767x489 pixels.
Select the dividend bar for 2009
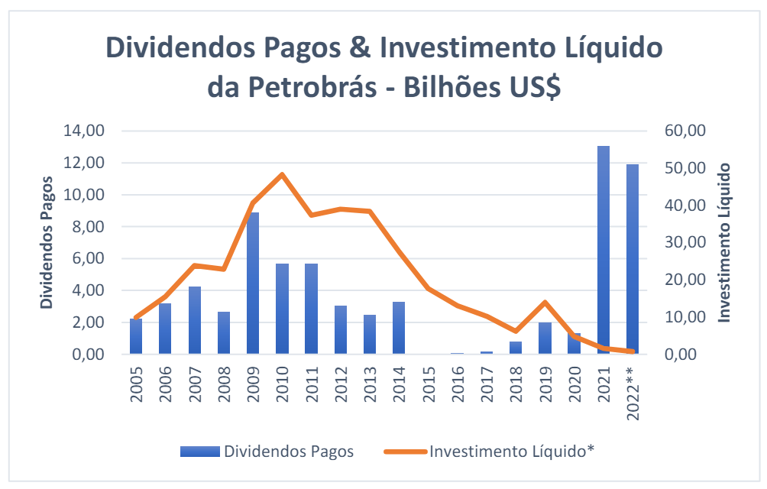[253, 283]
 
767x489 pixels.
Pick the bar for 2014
[399, 328]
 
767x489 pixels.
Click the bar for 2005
[136, 336]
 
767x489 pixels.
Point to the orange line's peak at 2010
[282, 174]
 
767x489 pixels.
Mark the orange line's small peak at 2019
[545, 303]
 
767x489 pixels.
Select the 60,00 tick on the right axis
[684, 131]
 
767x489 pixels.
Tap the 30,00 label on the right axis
[684, 242]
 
